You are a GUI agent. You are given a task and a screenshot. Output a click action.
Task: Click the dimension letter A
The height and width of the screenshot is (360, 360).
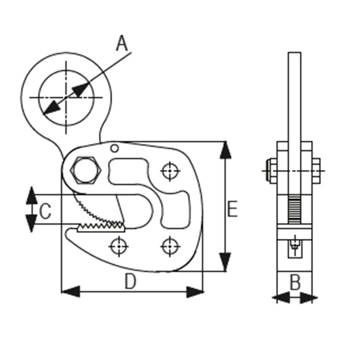pyautogui.click(x=122, y=43)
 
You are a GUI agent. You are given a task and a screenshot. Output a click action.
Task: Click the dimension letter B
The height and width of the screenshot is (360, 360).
pyautogui.click(x=295, y=282)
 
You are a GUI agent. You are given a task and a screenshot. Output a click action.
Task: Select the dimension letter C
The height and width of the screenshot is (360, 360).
pyautogui.click(x=45, y=211)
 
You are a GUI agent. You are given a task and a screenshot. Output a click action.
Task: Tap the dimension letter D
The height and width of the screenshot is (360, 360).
pyautogui.click(x=130, y=281)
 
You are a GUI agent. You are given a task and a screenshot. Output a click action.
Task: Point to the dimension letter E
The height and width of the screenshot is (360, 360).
pyautogui.click(x=232, y=209)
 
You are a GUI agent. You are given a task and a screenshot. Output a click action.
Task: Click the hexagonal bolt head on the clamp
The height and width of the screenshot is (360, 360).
pyautogui.click(x=85, y=170)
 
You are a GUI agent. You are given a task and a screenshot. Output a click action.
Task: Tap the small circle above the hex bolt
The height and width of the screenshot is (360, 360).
pyautogui.click(x=115, y=149)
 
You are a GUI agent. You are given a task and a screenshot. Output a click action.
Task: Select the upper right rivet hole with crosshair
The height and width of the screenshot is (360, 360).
pyautogui.click(x=170, y=171)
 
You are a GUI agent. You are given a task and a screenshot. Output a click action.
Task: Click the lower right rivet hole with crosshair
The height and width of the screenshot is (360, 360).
pyautogui.click(x=170, y=246)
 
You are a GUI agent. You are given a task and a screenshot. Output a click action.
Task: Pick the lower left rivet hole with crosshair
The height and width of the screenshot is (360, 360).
pyautogui.click(x=118, y=246)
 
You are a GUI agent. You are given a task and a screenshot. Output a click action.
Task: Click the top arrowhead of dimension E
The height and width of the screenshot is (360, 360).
pyautogui.click(x=225, y=150)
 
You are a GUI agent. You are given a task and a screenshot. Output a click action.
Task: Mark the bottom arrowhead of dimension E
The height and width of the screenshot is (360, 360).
pyautogui.click(x=225, y=262)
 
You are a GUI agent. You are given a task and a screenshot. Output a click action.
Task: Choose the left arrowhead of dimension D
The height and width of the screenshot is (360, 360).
pyautogui.click(x=71, y=291)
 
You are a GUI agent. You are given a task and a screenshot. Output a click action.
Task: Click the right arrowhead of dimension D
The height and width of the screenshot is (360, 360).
pyautogui.click(x=194, y=292)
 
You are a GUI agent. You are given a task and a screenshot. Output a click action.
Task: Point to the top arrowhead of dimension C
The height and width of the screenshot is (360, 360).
pyautogui.click(x=31, y=196)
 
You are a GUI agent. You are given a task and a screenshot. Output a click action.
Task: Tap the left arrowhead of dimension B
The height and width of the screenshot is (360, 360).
pyautogui.click(x=281, y=298)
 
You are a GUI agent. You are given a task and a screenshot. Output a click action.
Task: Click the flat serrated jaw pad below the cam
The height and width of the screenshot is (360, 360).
pyautogui.click(x=101, y=228)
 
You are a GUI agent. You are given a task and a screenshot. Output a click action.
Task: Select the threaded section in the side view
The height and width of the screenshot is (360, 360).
pyautogui.click(x=295, y=209)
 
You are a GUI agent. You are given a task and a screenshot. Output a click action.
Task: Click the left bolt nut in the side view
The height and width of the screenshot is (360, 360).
pyautogui.click(x=272, y=171)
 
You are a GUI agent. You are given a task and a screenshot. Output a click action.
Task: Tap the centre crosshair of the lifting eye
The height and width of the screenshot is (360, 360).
pyautogui.click(x=66, y=98)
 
